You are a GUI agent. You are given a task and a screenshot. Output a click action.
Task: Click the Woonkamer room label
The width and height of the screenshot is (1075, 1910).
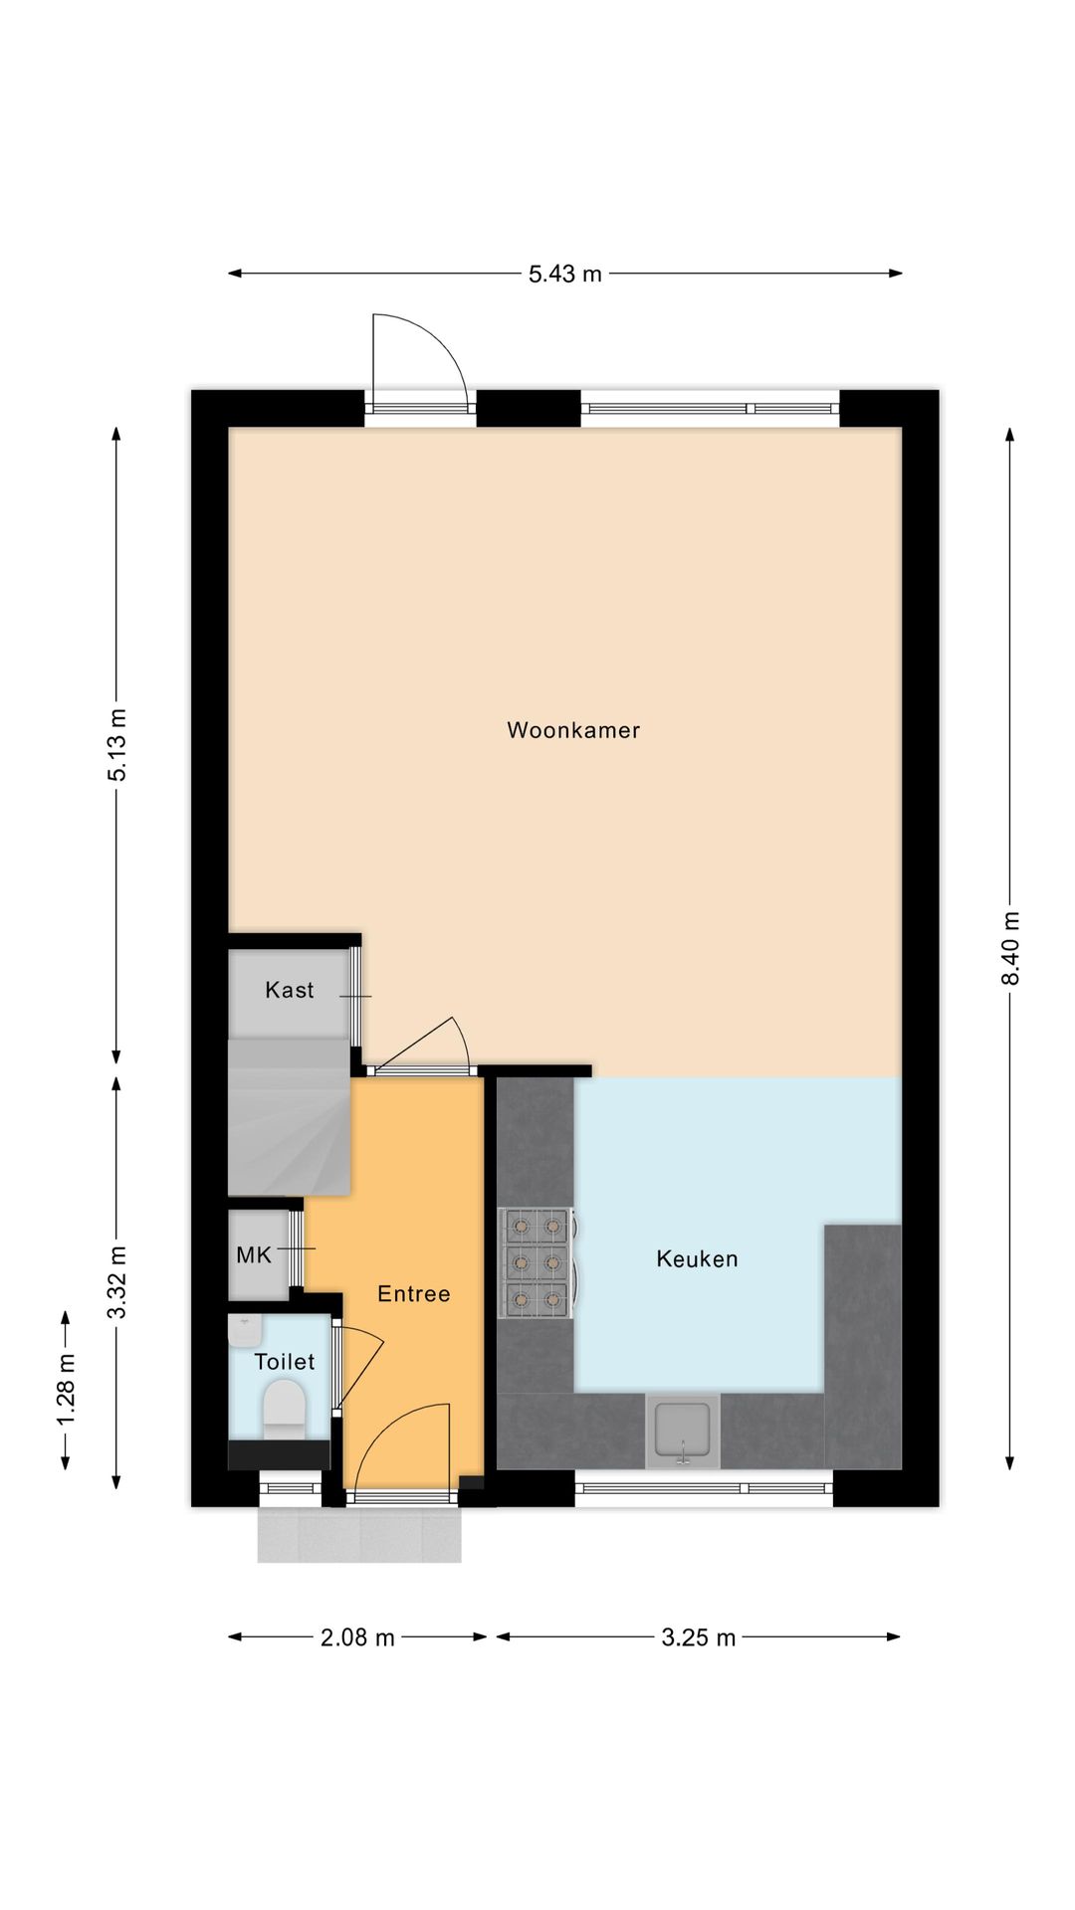573,730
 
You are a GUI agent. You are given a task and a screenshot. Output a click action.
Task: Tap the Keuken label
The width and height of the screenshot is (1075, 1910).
697,1259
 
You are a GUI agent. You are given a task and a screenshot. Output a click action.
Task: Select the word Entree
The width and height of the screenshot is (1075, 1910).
414,1294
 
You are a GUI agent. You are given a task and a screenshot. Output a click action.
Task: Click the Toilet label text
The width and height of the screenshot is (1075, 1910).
285,1362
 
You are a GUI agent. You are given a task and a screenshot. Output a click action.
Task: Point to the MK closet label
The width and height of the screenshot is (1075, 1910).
253,1255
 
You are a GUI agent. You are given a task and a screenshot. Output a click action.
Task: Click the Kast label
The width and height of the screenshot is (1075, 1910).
289,990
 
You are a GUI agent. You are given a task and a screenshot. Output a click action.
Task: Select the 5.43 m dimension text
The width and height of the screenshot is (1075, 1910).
564,274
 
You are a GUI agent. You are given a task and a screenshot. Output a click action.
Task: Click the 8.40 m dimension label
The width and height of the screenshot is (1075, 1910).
1010,948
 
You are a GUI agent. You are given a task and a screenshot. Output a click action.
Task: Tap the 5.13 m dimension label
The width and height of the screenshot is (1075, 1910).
117,744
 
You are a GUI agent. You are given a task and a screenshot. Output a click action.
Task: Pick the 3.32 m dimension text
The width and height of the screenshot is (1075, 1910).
117,1282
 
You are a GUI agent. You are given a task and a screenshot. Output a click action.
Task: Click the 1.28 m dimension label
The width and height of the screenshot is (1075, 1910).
66,1390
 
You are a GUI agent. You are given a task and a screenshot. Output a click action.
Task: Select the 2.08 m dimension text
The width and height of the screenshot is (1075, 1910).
357,1637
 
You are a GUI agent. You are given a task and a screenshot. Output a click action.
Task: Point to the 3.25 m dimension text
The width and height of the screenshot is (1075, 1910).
698,1637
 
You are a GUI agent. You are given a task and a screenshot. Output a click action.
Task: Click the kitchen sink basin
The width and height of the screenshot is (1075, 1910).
683,1430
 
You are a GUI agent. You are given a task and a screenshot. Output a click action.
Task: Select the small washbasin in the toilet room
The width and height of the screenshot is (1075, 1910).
245,1330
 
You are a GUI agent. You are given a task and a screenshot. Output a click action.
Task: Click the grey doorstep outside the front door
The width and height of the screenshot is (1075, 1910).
359,1534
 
